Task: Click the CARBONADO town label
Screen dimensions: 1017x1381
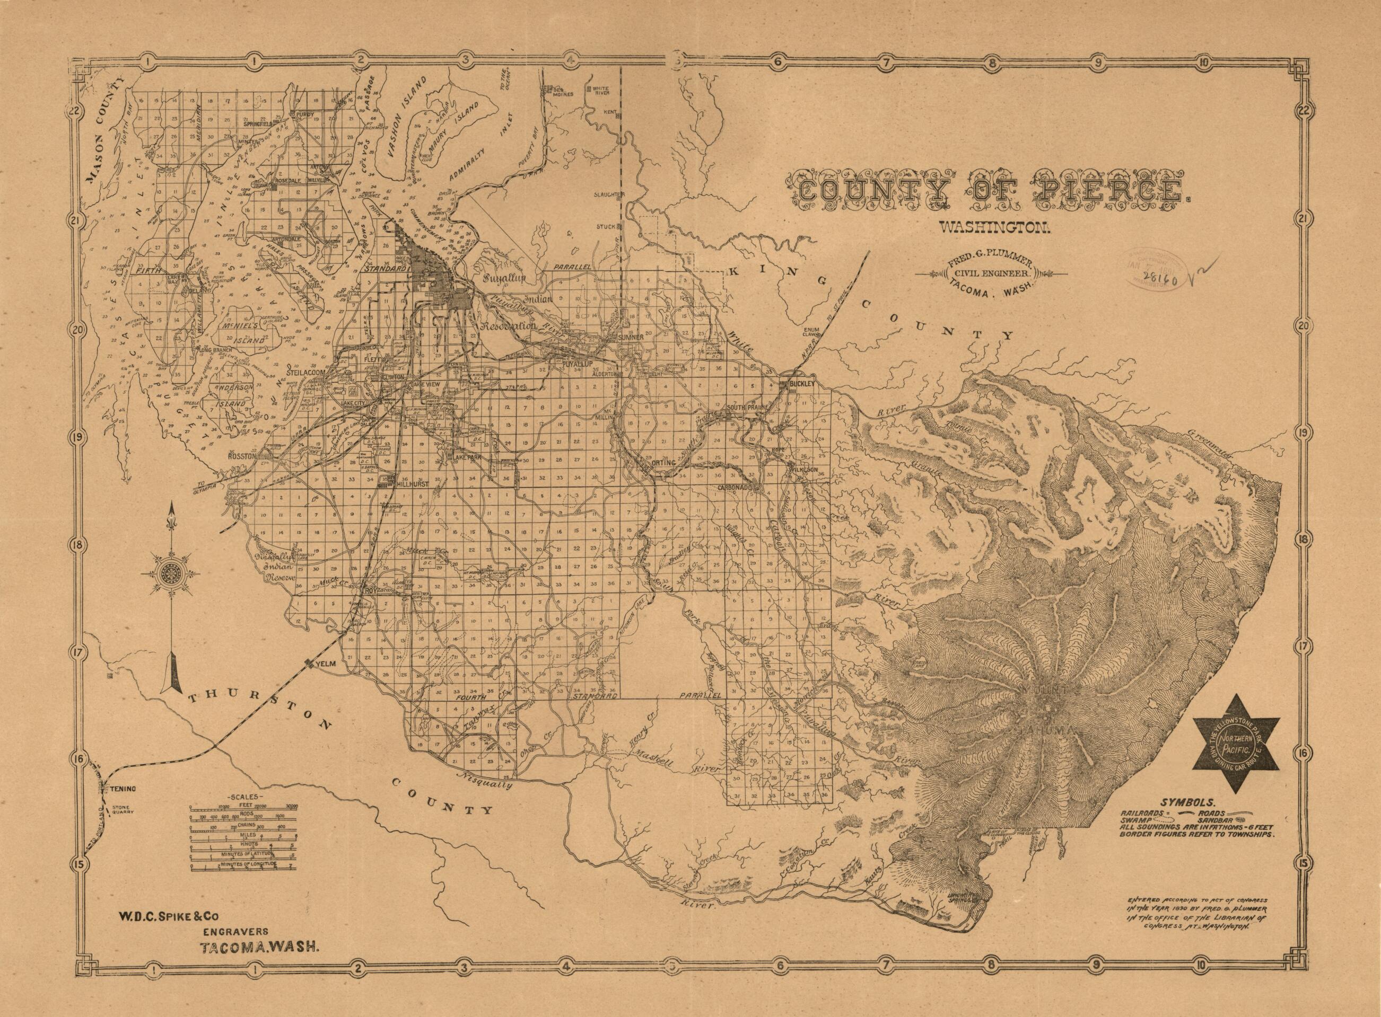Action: coord(738,487)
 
